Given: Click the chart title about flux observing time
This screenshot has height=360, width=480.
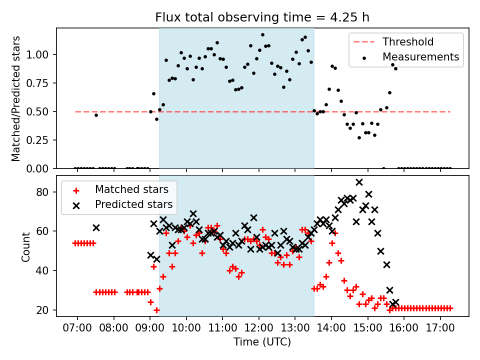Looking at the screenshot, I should click(x=262, y=17).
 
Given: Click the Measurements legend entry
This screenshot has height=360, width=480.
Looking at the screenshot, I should click(x=420, y=57).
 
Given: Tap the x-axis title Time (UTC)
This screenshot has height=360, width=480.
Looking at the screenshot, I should click(x=262, y=342).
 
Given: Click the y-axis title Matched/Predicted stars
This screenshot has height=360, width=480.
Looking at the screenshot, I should click(x=16, y=98).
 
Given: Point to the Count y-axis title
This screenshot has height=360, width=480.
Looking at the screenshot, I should click(x=26, y=246).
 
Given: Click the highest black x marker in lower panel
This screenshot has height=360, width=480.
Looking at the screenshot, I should click(x=359, y=182).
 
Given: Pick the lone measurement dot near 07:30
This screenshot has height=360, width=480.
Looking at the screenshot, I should click(x=96, y=115).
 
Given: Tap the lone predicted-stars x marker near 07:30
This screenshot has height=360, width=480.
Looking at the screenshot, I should click(x=96, y=227).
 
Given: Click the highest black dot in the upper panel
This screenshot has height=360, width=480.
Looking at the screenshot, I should click(x=262, y=35).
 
